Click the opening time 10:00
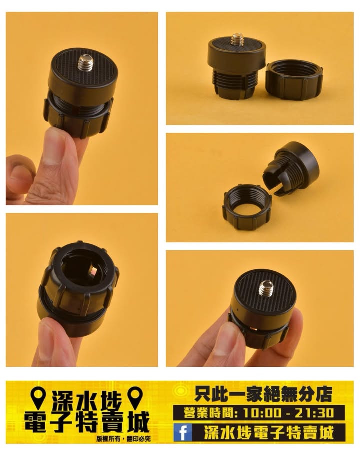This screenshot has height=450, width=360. (x=262, y=413)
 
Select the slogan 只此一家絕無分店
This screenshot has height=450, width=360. (x=263, y=394)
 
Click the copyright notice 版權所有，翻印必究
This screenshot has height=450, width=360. (x=123, y=439)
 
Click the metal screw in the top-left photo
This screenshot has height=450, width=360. (x=86, y=63)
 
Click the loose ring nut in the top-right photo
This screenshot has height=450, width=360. (x=294, y=79)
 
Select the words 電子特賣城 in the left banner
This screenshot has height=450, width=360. (x=87, y=422)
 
